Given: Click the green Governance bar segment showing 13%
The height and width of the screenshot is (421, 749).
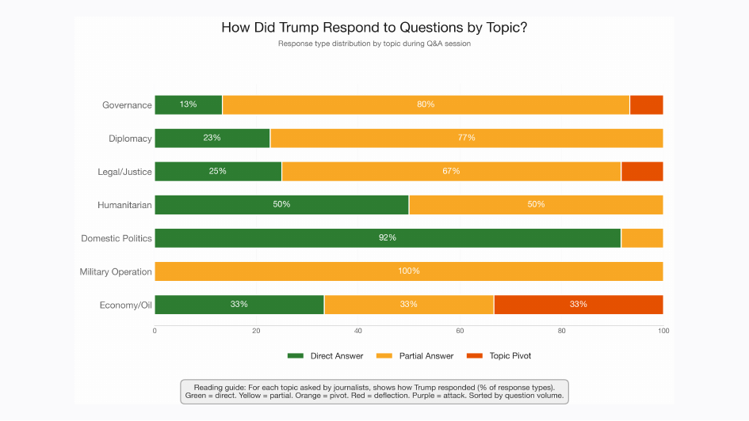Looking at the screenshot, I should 188,104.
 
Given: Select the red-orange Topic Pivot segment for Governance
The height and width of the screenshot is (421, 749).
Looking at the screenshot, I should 646,104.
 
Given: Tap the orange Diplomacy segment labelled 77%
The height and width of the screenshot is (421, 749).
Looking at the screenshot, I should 466,138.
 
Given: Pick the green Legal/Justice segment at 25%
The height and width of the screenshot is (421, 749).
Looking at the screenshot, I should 218,171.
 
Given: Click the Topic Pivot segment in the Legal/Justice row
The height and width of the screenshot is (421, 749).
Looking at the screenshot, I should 642,171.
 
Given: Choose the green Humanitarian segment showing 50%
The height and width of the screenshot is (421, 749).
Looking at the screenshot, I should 281,204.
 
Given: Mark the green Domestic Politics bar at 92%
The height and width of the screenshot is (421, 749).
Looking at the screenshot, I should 388,237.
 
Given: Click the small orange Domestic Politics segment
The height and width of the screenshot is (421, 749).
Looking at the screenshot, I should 642,237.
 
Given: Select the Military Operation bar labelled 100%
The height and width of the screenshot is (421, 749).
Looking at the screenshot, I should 409,271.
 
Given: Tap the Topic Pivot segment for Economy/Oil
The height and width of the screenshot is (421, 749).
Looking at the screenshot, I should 578,305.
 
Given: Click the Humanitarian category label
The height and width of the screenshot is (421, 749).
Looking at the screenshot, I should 124,204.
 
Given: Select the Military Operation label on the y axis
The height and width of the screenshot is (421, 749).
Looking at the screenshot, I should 116,271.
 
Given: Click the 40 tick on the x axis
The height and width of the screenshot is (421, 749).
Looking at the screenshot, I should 358,330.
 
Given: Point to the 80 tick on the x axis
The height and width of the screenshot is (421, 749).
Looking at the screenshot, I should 561,330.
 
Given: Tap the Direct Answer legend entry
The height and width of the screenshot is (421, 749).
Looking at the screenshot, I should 326,356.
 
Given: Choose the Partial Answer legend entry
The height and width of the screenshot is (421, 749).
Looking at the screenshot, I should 418,356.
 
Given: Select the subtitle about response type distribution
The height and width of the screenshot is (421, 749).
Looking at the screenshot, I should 374,44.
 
